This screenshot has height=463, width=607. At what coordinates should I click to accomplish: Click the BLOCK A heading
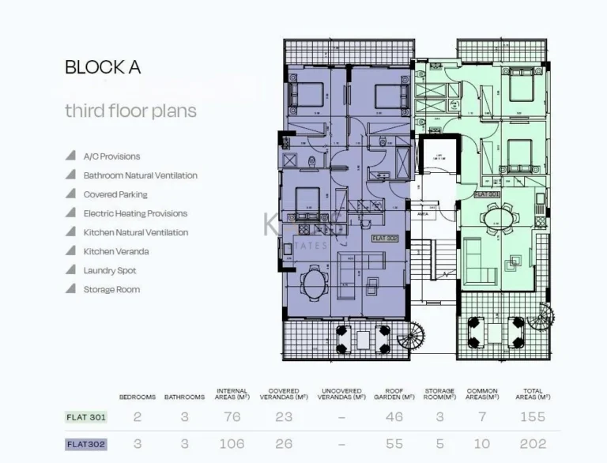[x=103, y=68]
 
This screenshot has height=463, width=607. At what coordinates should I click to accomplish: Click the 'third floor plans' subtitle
[x=130, y=111]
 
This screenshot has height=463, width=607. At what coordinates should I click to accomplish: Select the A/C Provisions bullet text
[x=111, y=156]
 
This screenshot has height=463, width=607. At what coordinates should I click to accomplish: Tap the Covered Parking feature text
[x=115, y=194]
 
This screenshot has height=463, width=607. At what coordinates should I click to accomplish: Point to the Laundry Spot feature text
[x=110, y=270]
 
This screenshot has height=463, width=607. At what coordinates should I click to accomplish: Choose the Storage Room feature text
[x=111, y=289]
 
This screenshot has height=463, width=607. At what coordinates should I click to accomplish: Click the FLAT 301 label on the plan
[x=486, y=194]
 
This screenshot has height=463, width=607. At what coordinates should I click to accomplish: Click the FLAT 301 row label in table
[x=85, y=417]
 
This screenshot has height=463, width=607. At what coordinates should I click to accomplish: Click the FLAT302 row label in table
[x=85, y=444]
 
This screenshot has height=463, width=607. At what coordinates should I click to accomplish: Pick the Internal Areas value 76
[x=232, y=417]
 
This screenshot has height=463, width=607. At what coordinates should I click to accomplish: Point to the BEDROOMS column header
[x=138, y=397]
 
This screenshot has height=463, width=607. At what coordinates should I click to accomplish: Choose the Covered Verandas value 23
[x=284, y=417]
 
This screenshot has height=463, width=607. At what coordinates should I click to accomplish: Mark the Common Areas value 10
[x=481, y=444]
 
